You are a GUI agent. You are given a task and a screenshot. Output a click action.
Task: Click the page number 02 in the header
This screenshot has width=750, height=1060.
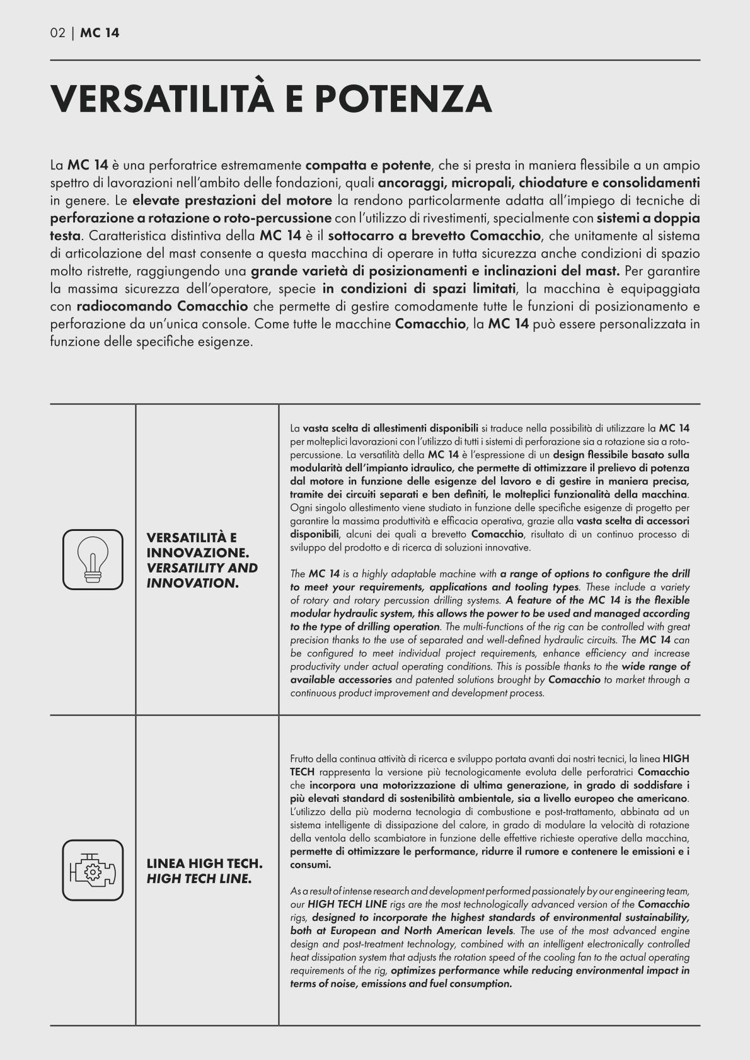coord(57,33)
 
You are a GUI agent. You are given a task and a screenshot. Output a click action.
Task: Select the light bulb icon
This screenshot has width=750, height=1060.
coord(93,559)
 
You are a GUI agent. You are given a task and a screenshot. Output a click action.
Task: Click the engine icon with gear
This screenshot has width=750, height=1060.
coord(93,870)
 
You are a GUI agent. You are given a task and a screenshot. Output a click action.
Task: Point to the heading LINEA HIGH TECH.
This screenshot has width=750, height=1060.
coord(204,863)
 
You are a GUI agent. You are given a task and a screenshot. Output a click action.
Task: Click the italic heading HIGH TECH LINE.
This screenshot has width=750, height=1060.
coord(199,878)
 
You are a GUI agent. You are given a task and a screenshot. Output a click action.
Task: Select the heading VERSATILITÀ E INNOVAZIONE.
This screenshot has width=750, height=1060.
coord(197,545)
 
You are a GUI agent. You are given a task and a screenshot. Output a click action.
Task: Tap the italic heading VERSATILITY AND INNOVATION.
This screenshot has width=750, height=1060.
coord(202,575)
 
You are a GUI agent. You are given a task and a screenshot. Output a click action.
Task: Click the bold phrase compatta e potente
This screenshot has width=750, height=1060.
coord(367,166)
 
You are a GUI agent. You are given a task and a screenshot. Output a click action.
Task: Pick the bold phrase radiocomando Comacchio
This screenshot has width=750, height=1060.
coord(163,307)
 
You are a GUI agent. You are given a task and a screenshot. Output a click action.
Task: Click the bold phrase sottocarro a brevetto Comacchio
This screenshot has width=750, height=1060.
coord(434,237)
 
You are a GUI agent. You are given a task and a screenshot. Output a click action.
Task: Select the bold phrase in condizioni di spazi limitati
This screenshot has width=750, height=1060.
coord(418,290)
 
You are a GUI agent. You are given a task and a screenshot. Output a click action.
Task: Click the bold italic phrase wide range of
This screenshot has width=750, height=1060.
coord(655,666)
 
